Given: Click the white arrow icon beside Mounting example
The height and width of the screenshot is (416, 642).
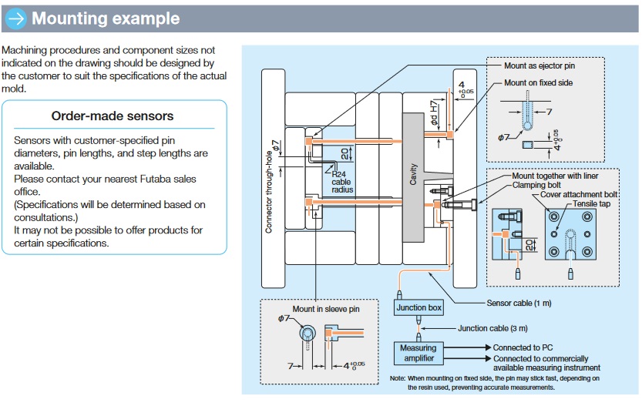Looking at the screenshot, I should coord(16,18).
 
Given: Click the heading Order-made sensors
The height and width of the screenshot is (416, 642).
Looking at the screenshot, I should coord(113,116).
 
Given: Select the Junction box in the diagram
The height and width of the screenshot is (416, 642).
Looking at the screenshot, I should coord(418,308).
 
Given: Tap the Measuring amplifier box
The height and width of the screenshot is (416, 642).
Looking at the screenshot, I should coord(418,353).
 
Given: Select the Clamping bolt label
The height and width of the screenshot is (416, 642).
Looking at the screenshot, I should coord(544,186).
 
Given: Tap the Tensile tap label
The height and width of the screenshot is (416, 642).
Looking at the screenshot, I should coord(593,204).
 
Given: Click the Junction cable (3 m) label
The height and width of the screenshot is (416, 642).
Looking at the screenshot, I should coord(493,328).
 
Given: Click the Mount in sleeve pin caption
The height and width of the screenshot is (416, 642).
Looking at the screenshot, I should coord(325,309).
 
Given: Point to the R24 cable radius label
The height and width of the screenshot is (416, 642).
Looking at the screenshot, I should coord(341,182).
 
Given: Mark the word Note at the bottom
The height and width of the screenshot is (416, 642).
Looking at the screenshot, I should coord(398,378).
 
